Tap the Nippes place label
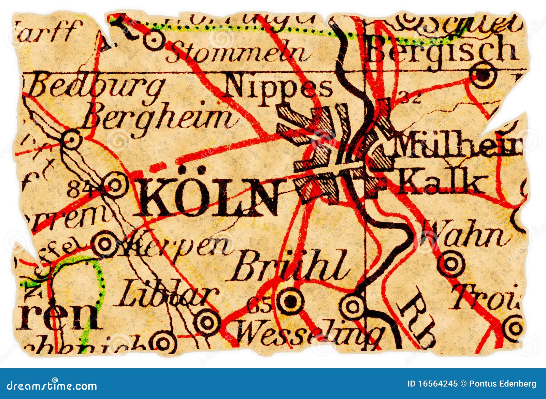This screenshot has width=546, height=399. [x=278, y=87]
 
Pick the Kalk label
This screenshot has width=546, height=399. [x=440, y=184]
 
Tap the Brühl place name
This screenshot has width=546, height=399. [x=290, y=266]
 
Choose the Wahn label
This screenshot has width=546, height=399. [x=464, y=234]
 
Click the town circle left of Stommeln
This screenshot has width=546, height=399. [x=154, y=41]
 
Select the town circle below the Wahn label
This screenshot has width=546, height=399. [x=451, y=263]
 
